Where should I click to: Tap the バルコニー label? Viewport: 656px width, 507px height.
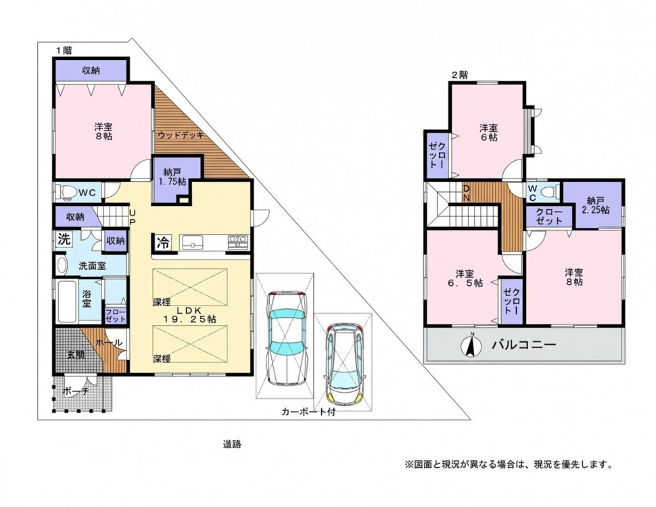pyautogui.click(x=524, y=345)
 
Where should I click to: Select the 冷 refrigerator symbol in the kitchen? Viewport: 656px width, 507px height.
pyautogui.click(x=163, y=242)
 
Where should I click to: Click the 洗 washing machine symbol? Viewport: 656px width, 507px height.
pyautogui.click(x=64, y=240)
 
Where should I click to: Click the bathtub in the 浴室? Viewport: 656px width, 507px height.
pyautogui.click(x=66, y=301)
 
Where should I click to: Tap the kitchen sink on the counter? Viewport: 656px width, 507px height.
pyautogui.click(x=191, y=242)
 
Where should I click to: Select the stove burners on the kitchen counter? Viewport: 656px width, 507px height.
pyautogui.click(x=237, y=242)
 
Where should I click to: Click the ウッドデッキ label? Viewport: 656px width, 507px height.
pyautogui.click(x=181, y=135)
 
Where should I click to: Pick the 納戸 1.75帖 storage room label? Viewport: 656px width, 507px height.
pyautogui.click(x=170, y=177)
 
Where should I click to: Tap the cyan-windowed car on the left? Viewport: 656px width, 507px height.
pyautogui.click(x=287, y=337)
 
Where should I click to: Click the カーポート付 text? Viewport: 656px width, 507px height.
pyautogui.click(x=308, y=412)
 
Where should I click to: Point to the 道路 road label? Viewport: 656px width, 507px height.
pyautogui.click(x=232, y=444)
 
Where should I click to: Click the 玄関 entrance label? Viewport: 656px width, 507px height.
pyautogui.click(x=76, y=355)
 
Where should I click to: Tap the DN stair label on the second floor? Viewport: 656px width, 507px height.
pyautogui.click(x=466, y=193)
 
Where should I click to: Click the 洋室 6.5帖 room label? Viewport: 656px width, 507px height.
pyautogui.click(x=463, y=279)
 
